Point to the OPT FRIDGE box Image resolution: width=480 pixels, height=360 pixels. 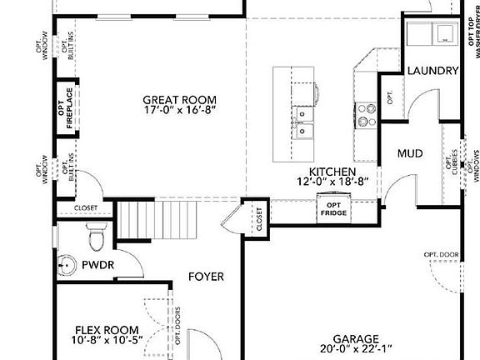333,208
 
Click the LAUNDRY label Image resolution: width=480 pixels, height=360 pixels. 433,72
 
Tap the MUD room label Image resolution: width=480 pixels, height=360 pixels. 409,153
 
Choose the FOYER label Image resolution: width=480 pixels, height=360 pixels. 205,277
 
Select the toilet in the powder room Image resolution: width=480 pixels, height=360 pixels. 97,236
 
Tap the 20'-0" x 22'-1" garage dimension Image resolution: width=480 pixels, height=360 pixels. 355,350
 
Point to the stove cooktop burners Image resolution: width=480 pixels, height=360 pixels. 366,114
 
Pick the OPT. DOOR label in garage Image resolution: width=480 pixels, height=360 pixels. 441,254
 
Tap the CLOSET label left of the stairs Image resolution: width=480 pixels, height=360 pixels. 86,208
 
